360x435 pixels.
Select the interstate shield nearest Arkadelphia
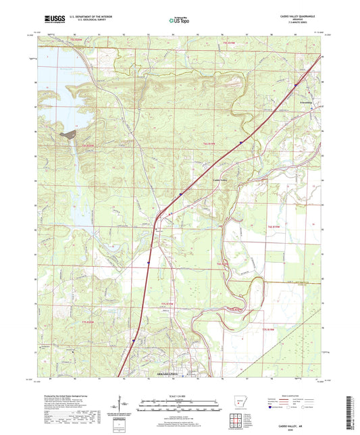133,340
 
